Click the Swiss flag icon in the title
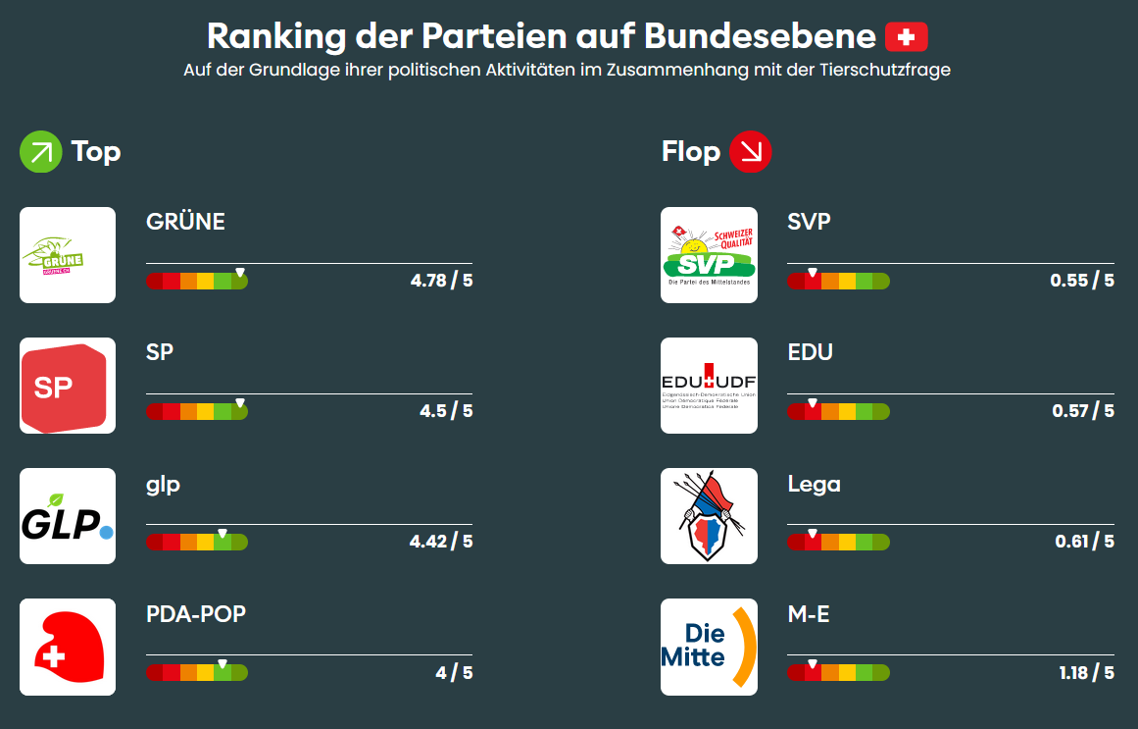[x=906, y=37]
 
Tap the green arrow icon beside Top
[x=41, y=152]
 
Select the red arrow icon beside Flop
[x=751, y=152]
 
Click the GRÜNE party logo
[x=68, y=255]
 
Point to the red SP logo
[x=68, y=386]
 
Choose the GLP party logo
[x=68, y=516]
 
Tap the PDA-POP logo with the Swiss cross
[x=68, y=647]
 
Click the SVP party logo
[x=709, y=255]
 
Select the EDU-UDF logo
[x=709, y=386]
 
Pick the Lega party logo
[x=709, y=516]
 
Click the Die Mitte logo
[x=709, y=647]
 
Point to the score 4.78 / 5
[x=441, y=281]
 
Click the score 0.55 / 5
[x=1082, y=281]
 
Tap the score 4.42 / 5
[x=441, y=542]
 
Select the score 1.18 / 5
[x=1086, y=673]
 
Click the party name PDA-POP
[x=196, y=615]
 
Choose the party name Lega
[x=815, y=485]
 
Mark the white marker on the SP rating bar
[x=240, y=403]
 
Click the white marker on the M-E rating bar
[x=812, y=664]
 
